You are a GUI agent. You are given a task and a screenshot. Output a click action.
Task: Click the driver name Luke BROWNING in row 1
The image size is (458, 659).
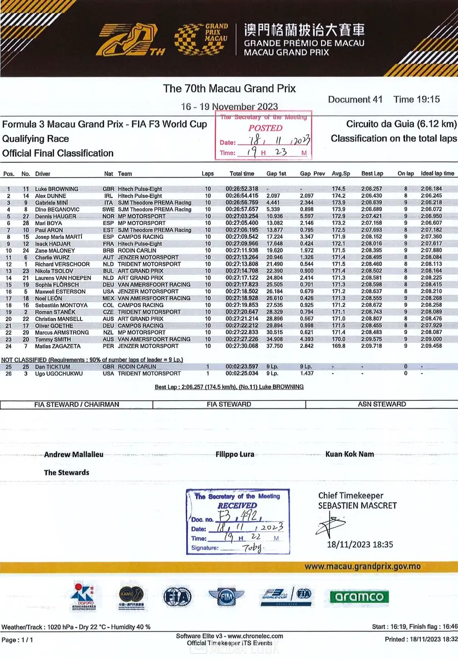56,189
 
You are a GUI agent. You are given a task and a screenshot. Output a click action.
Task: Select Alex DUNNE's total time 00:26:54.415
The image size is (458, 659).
242,196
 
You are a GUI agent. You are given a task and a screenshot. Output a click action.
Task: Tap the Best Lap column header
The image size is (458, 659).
372,174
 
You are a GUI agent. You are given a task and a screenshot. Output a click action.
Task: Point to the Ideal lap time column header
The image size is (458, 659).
437,174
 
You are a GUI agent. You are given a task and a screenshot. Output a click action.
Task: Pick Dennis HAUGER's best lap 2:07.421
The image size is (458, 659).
372,216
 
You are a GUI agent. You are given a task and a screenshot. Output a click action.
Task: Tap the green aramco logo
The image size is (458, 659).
359,596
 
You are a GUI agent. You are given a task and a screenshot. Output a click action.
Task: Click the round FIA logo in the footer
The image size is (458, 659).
177,596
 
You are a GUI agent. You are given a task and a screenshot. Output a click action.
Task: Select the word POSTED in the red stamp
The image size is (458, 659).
265,128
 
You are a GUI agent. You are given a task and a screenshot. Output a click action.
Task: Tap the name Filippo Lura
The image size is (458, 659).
235,454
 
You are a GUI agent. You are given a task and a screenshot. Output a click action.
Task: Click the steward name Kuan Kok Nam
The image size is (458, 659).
350,454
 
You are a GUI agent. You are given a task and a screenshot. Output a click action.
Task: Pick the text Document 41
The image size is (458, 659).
355,99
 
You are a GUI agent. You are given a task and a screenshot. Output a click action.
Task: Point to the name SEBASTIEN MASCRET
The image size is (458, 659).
357,506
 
